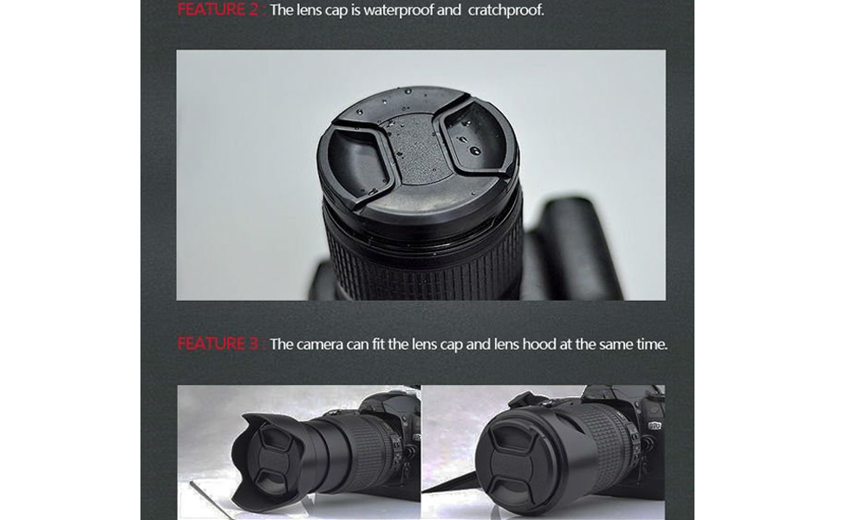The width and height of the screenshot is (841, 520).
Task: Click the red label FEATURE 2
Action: click(218, 10)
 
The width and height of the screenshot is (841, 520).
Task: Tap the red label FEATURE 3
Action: click(218, 344)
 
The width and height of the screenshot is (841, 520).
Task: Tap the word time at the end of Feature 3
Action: click(649, 344)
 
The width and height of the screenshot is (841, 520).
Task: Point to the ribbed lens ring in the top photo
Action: click(425, 260)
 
